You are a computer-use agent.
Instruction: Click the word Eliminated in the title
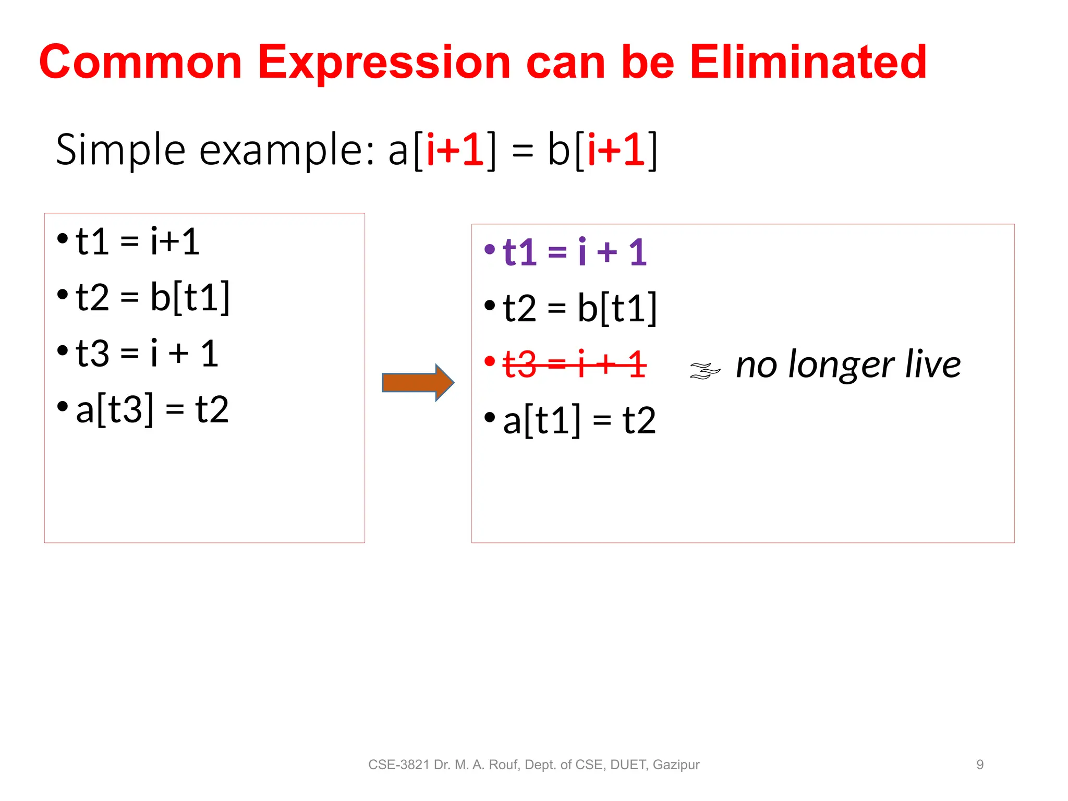(x=808, y=62)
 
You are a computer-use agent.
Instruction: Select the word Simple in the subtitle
(x=120, y=150)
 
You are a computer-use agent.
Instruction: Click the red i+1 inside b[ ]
(x=616, y=150)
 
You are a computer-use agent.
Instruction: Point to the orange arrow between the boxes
(x=417, y=383)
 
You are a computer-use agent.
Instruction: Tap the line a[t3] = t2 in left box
(x=152, y=409)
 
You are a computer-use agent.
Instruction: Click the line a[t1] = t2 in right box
(x=579, y=420)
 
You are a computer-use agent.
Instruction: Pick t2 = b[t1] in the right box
(x=579, y=308)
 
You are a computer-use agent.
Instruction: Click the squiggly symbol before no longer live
(x=705, y=370)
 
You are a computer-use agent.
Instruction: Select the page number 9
(x=980, y=764)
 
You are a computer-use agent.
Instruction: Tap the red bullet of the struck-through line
(x=489, y=361)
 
